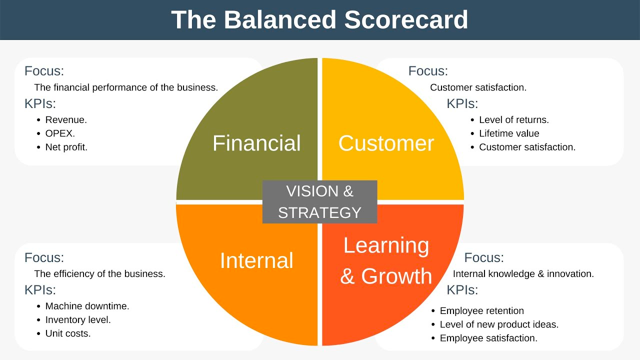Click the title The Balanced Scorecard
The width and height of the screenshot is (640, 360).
point(319,20)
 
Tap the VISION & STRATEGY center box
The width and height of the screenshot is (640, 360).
point(319,202)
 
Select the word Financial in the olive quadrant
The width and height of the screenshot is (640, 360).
point(256,143)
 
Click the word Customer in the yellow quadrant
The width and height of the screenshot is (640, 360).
point(386,143)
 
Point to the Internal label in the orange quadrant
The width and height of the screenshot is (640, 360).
point(256,260)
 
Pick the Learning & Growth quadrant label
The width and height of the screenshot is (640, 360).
point(386,260)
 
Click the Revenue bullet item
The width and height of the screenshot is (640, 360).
point(66,120)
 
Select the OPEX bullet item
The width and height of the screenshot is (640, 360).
point(60,133)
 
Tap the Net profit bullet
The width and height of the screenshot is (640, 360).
point(66,147)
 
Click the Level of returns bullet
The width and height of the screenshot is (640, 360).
point(513,120)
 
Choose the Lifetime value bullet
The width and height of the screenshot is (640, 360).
point(509,133)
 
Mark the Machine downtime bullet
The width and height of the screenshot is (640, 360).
point(87,306)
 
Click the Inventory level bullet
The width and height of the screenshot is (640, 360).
point(78,319)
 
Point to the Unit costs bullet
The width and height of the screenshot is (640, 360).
point(68,333)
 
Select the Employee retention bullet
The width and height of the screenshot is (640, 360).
point(481,311)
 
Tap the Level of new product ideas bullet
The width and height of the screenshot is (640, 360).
point(499,324)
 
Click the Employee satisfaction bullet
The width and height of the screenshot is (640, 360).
point(488,338)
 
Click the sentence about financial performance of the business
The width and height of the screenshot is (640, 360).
point(126,87)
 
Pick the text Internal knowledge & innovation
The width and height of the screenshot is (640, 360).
point(523,274)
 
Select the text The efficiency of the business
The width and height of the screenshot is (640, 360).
point(99,274)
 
